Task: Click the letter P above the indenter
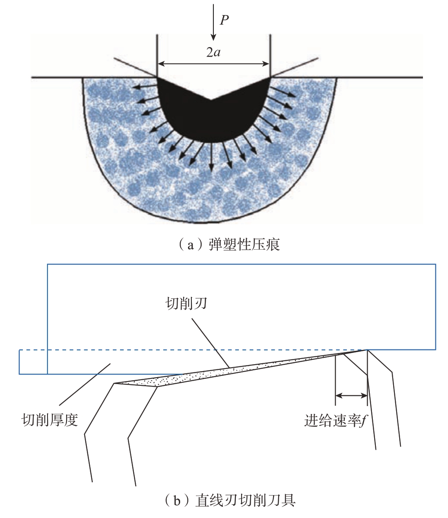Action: (x=224, y=20)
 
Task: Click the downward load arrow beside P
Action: (x=214, y=22)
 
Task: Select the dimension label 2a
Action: (x=213, y=52)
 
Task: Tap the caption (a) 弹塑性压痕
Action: (x=229, y=245)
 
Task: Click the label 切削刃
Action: (x=186, y=304)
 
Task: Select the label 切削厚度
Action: (x=50, y=420)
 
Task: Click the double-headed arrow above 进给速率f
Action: (x=351, y=395)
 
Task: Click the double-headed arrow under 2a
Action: (x=213, y=64)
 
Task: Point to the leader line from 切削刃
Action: (x=210, y=343)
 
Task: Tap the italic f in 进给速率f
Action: (x=365, y=421)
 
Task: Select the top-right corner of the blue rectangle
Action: (x=435, y=264)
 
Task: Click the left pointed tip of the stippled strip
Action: (x=114, y=383)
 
